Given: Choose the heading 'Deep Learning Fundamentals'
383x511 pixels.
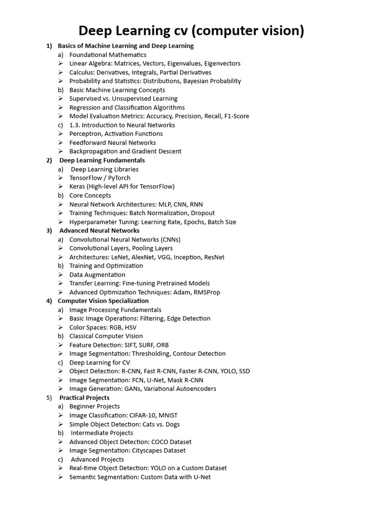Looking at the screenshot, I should coord(102,160).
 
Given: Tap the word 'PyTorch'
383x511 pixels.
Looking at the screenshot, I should coord(119,178).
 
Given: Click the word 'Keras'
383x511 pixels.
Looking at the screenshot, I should coord(78,187).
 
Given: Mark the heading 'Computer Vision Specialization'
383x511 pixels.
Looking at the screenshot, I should coord(103,301).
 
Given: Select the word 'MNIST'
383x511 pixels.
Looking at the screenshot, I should coord(168,415).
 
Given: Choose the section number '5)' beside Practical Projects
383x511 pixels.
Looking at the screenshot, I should coord(49,398).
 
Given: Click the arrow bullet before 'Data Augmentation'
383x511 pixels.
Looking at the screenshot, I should coord(60,275).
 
